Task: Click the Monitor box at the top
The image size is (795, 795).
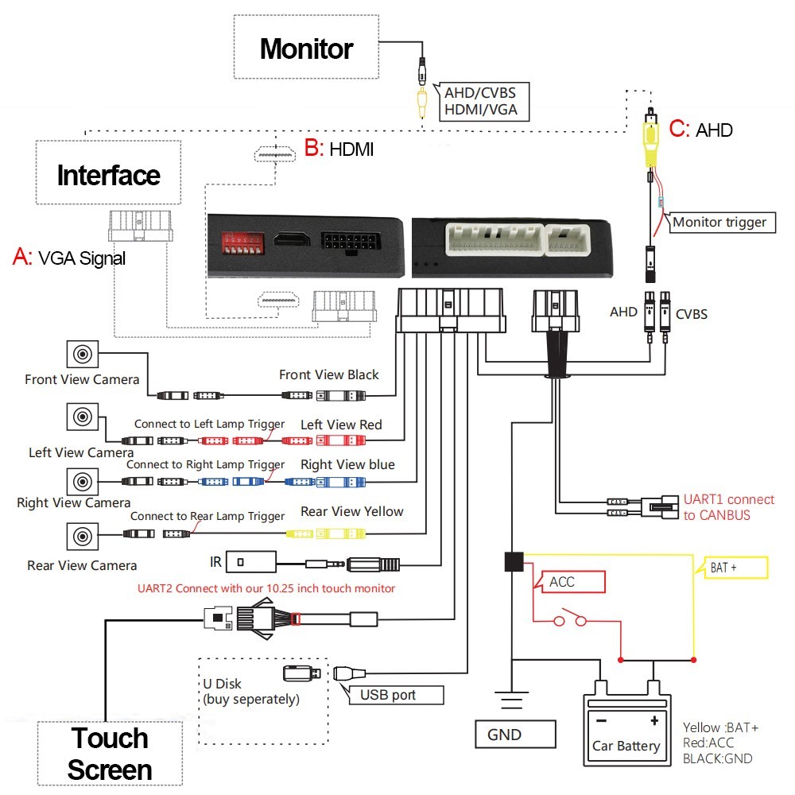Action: (306, 49)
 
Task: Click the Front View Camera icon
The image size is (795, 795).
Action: (81, 354)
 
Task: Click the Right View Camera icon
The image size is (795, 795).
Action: (81, 481)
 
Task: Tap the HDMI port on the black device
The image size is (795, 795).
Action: (290, 240)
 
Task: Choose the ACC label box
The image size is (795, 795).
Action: (572, 582)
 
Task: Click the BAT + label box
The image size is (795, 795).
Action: (731, 568)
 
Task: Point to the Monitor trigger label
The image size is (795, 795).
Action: (719, 222)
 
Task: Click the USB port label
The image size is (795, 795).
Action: (388, 695)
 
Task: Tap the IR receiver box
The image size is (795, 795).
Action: (250, 563)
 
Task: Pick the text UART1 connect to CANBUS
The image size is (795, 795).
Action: (728, 507)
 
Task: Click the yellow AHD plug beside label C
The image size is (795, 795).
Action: (651, 138)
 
